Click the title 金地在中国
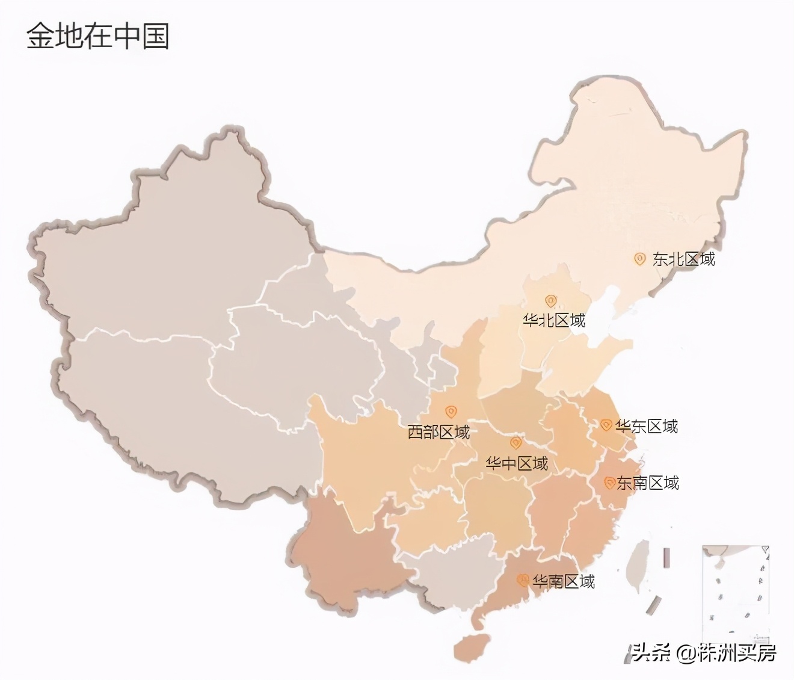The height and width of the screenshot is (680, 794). coord(97,37)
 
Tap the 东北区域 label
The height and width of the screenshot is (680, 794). coord(683,259)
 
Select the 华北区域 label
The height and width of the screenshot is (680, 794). coord(553,320)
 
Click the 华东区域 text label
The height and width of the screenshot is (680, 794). coord(647,427)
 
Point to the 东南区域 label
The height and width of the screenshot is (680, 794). coord(648,483)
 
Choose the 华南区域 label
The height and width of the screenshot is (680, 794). coord(564,581)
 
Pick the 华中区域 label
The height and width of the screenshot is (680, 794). coord(517,464)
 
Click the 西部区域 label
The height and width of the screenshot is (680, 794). coord(439,432)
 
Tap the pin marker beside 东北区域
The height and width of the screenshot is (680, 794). coord(639,259)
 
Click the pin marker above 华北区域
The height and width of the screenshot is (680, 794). coord(550,301)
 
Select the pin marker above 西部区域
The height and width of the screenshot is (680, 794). coord(451,412)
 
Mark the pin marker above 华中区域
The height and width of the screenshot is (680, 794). coord(515,444)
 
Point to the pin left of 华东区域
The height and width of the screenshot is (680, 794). coord(606,425)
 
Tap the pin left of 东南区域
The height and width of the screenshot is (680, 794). coord(609,483)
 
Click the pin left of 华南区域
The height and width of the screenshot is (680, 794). coord(523,581)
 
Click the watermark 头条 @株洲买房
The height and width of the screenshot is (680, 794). coord(704,652)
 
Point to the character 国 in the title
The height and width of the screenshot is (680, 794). coord(156,37)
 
